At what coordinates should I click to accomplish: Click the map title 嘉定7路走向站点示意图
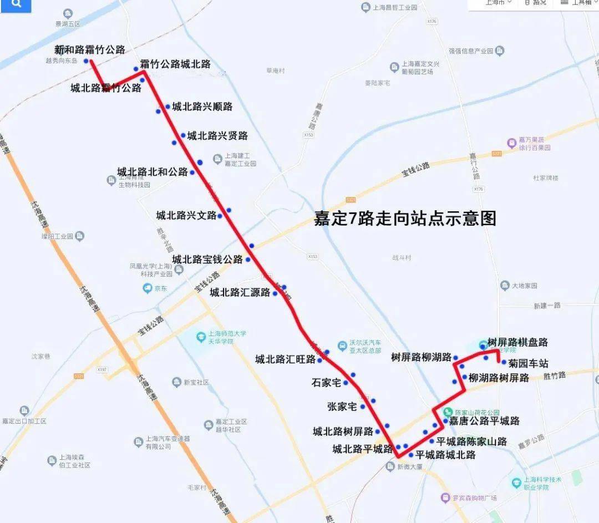[x=405, y=219]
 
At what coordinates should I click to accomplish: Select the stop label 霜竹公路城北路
[x=175, y=64]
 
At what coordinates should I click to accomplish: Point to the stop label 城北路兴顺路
[x=202, y=106]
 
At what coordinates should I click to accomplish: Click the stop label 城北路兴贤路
[x=217, y=135]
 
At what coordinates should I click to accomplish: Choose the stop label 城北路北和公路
[x=153, y=172]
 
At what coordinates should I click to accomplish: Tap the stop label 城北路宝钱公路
[x=207, y=259]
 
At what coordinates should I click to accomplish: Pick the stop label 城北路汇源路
[x=240, y=292]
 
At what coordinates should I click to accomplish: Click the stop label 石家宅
[x=326, y=382]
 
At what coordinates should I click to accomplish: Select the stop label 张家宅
[x=342, y=407]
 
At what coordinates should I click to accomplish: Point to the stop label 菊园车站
[x=528, y=364]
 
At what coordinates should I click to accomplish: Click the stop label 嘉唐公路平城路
[x=484, y=421]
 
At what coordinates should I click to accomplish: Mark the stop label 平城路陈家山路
[x=471, y=441]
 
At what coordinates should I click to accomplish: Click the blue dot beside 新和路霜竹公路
[x=86, y=61]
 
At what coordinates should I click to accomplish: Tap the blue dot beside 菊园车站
[x=504, y=363]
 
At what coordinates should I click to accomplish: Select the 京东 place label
[x=160, y=288]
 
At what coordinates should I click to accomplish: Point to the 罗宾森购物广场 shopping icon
[x=445, y=497]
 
